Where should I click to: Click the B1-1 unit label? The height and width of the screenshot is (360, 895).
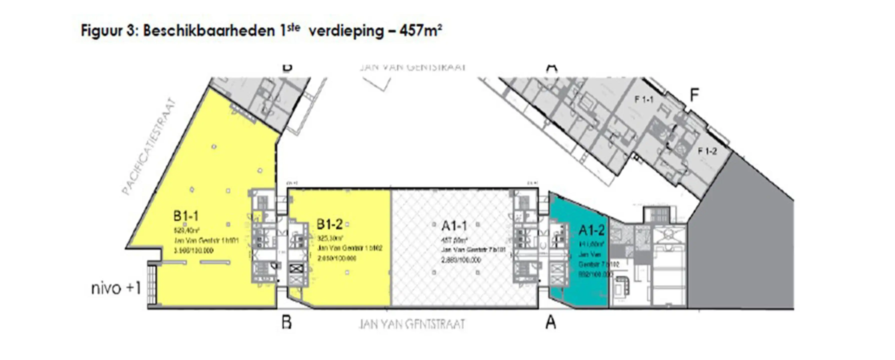point(186,216)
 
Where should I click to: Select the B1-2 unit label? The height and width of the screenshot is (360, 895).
point(329,224)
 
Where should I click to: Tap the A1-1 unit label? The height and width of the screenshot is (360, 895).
point(454,226)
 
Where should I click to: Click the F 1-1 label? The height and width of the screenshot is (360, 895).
point(644,100)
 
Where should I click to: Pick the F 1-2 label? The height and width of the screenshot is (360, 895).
point(707,151)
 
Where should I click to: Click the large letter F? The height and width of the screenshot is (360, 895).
point(694,95)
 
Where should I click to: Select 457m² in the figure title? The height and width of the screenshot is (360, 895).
point(421,30)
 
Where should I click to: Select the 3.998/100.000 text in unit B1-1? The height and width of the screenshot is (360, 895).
point(193,250)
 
